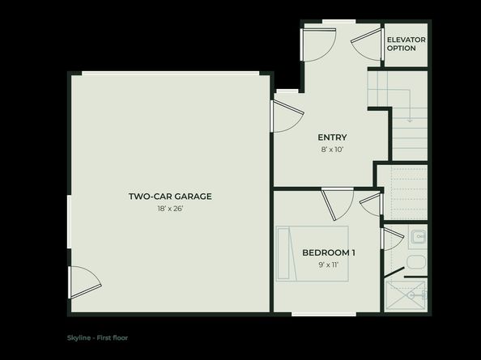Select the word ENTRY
[332, 137]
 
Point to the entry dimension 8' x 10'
[332, 149]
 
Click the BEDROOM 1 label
[329, 252]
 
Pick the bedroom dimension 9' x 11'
[329, 265]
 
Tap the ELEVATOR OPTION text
[406, 44]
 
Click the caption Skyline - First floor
[97, 337]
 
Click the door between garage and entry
[286, 116]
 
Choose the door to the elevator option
[367, 44]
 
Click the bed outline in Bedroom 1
[313, 253]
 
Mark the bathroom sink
[418, 237]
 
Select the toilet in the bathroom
[415, 262]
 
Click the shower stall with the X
[406, 295]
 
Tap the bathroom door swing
[393, 240]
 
